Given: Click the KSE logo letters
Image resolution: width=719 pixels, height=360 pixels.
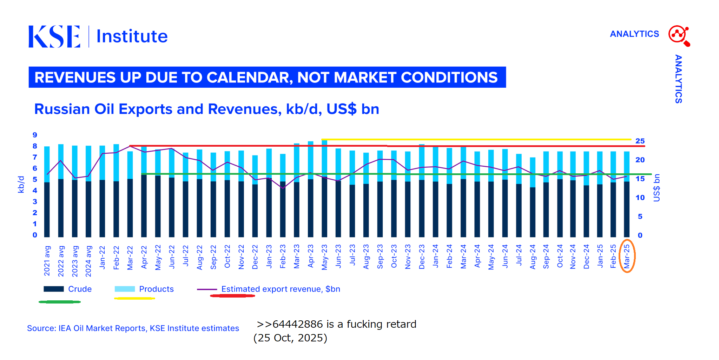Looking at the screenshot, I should (x=54, y=36).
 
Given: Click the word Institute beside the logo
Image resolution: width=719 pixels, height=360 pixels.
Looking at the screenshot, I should (x=132, y=36).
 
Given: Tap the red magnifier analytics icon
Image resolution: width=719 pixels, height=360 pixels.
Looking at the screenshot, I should (x=679, y=35).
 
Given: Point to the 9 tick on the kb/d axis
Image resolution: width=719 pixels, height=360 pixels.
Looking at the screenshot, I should (x=35, y=135).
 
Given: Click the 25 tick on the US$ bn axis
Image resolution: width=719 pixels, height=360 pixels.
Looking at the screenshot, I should (x=640, y=141).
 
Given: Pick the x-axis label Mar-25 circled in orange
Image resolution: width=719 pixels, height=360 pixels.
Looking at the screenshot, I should (x=627, y=256).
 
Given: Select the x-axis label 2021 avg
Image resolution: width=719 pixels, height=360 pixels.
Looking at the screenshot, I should (x=47, y=261).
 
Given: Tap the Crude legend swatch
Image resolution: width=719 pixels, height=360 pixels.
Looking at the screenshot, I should (x=54, y=289).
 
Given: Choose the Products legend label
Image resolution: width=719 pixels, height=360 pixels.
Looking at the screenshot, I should (x=156, y=289).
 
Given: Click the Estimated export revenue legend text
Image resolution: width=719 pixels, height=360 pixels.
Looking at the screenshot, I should (x=281, y=289).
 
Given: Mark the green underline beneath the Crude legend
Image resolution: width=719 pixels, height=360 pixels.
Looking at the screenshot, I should (x=60, y=302).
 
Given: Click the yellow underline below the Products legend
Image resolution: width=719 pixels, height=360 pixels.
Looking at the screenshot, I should (x=134, y=298).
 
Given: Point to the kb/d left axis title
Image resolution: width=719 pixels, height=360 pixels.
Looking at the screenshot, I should (x=21, y=185).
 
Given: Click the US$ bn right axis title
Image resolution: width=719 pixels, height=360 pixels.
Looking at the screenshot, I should (x=657, y=188).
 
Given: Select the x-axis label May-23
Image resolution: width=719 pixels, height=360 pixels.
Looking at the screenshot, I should (x=324, y=257).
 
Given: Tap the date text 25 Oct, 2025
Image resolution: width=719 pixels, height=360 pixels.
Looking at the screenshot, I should (x=290, y=338).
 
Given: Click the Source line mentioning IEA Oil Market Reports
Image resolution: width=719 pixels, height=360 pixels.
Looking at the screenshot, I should (x=133, y=328).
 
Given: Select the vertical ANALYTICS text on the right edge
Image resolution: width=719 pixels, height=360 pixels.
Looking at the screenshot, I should (x=678, y=79).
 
